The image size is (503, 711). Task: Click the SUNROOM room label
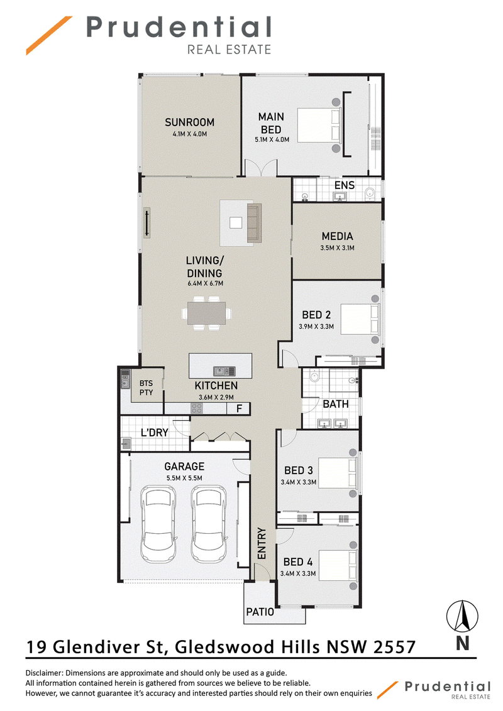(189, 122)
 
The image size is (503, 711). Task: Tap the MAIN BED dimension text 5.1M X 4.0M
(272, 139)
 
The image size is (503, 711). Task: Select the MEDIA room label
(337, 236)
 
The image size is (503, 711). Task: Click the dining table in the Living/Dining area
(207, 313)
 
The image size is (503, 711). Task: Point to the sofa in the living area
(254, 222)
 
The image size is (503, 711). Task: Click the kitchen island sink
(221, 371)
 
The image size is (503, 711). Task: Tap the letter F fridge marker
(240, 408)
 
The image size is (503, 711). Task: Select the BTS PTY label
(146, 388)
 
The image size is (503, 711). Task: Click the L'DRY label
(154, 433)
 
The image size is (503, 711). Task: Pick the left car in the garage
(158, 524)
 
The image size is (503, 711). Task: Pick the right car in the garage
(209, 524)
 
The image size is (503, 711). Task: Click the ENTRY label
(262, 543)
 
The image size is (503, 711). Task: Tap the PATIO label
(260, 612)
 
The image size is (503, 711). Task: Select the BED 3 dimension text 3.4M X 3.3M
(298, 482)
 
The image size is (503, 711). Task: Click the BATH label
(336, 404)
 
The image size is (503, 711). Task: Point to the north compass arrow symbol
(462, 616)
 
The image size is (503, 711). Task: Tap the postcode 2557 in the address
(394, 647)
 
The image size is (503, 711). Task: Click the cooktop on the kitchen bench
(197, 408)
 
